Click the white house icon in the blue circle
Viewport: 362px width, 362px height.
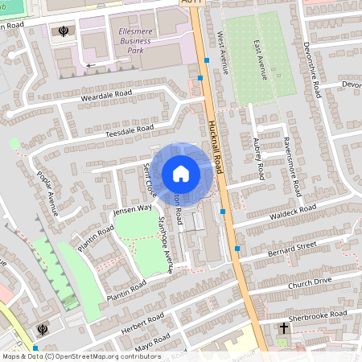181,174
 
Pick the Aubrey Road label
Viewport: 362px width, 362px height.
258,158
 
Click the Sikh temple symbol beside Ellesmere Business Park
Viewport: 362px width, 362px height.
62,32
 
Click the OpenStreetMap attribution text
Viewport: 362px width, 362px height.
80,356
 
